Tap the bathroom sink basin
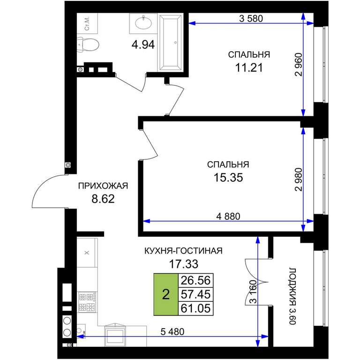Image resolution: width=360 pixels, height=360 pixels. pos(143,23)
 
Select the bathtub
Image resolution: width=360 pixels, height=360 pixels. pos(170,43)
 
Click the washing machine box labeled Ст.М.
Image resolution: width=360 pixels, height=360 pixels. pos(87,23)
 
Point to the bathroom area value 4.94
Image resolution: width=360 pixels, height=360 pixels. pos(143,45)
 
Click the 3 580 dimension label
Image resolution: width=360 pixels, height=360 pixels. pos(251,19)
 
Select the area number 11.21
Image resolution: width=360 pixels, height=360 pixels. pos(249,67)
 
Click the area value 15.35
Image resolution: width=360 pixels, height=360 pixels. pos(228,178)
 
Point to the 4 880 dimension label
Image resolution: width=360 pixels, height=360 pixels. pos(228,216)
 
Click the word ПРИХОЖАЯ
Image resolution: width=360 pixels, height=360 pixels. pos(103,186)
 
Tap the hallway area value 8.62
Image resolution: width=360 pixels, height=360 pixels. pos(103,199)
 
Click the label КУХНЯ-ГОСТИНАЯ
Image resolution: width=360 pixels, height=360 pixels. pos(183,251)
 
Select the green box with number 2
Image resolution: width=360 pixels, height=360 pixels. pos(166,294)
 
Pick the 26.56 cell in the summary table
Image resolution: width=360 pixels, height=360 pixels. pos(195,280)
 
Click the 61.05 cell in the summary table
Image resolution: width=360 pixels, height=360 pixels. pos(195,308)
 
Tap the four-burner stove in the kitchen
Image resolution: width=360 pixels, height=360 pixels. pos(87,302)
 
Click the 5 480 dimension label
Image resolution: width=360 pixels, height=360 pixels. pos(172,332)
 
